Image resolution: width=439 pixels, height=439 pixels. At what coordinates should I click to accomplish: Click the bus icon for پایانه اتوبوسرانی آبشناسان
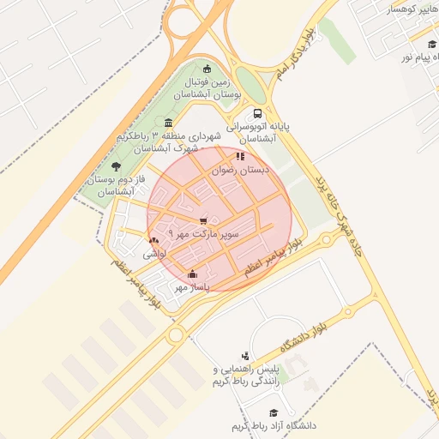(x=258, y=113)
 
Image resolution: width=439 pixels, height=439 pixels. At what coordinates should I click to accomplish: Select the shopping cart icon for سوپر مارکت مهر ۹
(x=203, y=220)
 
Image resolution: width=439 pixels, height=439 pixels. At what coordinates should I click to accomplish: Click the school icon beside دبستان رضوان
(x=240, y=157)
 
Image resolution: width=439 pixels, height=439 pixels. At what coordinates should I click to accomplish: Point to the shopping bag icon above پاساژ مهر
(x=192, y=275)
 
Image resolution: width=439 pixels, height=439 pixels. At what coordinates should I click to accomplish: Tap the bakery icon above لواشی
(x=153, y=241)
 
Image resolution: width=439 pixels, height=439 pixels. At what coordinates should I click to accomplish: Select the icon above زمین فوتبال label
(x=206, y=69)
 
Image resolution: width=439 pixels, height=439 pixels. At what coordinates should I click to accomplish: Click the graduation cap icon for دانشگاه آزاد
(x=274, y=412)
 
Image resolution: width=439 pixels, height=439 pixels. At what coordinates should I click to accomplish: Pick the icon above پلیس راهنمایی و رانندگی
(x=245, y=356)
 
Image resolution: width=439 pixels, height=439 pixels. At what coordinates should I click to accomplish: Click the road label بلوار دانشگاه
(x=304, y=338)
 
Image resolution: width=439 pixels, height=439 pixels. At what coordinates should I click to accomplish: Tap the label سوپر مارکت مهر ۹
(x=204, y=232)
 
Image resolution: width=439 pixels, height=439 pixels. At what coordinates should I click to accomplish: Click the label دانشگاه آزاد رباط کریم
(x=274, y=425)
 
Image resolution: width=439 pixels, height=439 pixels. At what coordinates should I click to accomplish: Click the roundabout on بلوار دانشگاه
(x=347, y=311)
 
